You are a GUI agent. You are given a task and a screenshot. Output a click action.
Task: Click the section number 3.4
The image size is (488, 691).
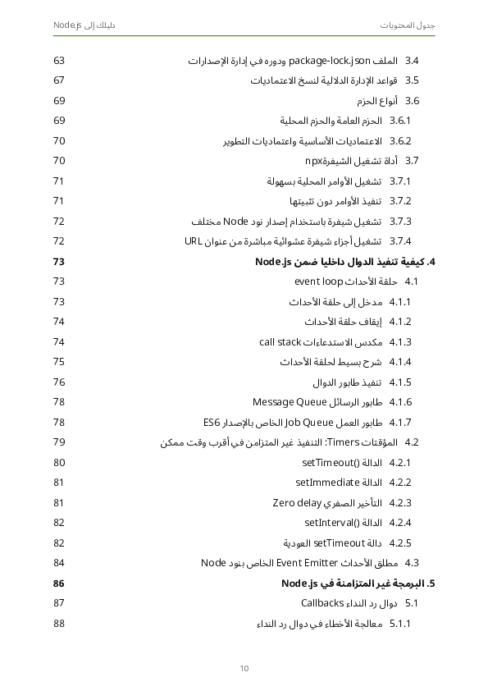click(x=412, y=62)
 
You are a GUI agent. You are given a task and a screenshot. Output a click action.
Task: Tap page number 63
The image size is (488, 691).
click(x=59, y=62)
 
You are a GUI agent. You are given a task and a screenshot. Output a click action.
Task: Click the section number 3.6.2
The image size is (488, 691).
click(x=400, y=141)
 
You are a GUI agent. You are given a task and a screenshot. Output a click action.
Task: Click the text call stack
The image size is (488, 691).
click(x=280, y=342)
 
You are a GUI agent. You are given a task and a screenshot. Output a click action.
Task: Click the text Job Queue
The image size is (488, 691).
click(x=303, y=423)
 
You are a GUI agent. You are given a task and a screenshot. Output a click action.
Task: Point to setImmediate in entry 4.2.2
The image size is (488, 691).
click(x=328, y=483)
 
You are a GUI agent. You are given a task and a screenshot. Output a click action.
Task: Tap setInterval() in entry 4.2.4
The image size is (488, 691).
click(x=332, y=523)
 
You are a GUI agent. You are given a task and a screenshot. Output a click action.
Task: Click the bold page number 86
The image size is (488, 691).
click(x=59, y=583)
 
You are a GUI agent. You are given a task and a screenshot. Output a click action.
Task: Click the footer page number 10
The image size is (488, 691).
click(x=244, y=668)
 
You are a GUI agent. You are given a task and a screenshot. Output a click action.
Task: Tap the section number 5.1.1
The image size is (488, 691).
click(x=400, y=624)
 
